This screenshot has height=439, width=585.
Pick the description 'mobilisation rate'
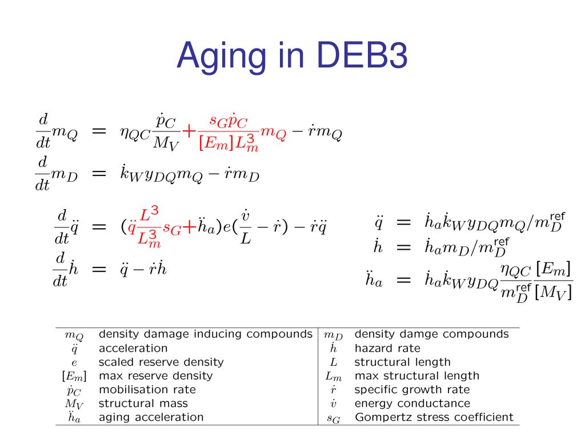(x=147, y=390)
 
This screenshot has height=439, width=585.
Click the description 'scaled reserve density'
(x=161, y=362)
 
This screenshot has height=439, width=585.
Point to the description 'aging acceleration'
(x=151, y=417)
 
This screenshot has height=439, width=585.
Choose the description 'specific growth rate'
(x=412, y=390)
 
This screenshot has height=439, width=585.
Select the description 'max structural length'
(x=417, y=376)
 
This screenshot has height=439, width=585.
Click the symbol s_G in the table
(x=333, y=418)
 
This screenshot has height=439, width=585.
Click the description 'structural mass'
(x=143, y=404)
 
